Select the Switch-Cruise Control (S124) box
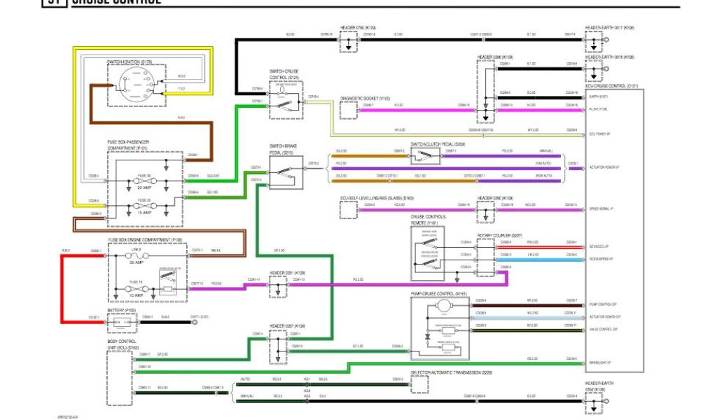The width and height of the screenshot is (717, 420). point(285,99)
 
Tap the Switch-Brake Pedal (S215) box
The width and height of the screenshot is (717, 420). point(286,172)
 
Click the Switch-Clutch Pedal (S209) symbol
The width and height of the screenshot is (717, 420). point(425,155)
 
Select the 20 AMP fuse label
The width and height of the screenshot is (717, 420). point(144,188)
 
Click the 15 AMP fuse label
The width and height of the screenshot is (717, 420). point(144,212)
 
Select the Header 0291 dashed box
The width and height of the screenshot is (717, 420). point(278,286)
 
